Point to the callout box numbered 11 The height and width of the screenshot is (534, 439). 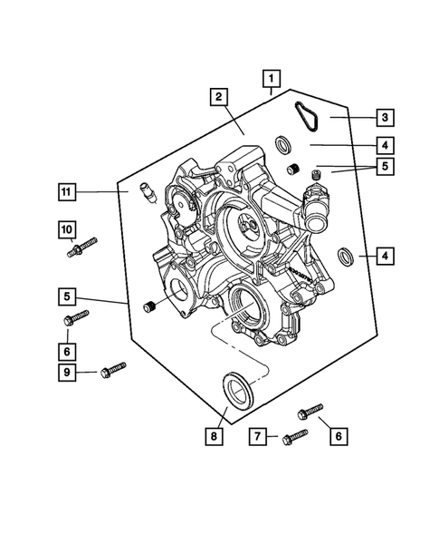pyautogui.click(x=67, y=191)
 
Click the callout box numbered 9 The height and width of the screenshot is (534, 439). pyautogui.click(x=67, y=372)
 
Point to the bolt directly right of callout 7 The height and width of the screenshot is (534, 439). pyautogui.click(x=296, y=436)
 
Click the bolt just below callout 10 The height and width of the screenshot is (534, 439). pyautogui.click(x=81, y=248)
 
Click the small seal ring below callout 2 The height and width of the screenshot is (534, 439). pyautogui.click(x=282, y=145)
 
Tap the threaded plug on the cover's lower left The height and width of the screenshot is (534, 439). pyautogui.click(x=150, y=309)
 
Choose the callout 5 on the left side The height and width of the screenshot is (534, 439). pyautogui.click(x=67, y=295)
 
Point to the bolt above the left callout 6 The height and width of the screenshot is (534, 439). pyautogui.click(x=76, y=316)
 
